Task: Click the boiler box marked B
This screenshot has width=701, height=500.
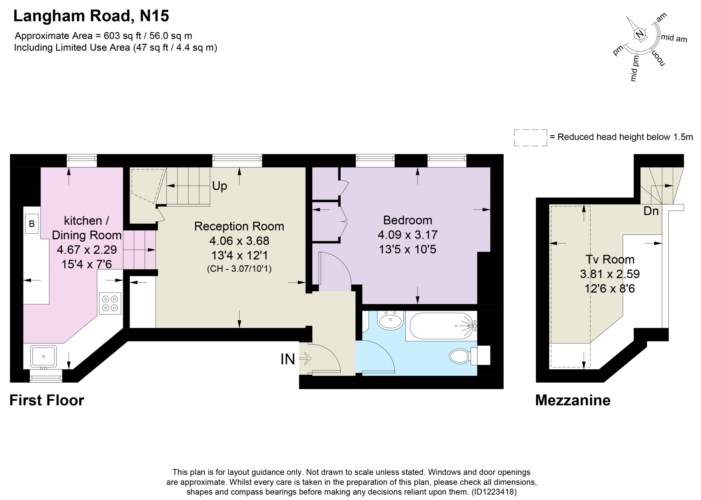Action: pos(32,223)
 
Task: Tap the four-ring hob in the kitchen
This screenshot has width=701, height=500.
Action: pos(110,303)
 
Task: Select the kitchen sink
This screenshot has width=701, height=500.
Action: pos(44,356)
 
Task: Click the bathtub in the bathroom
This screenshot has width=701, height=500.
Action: pos(441,326)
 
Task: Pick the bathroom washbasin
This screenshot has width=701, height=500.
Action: pos(390,320)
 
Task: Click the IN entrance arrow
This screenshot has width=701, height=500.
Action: pos(305,359)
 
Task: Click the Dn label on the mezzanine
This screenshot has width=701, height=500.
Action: pos(651,211)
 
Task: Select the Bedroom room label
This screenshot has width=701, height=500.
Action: pos(408,220)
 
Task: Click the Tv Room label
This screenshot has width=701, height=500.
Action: pos(610,259)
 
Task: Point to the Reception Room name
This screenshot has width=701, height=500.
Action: pos(239,226)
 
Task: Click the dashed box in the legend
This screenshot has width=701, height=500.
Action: pos(530,138)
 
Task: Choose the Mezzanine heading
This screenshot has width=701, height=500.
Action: pos(573,400)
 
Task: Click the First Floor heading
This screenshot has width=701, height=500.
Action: pos(47,400)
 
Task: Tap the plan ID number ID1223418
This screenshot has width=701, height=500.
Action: pos(494,492)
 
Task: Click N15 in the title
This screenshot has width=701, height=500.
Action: pos(154,16)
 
